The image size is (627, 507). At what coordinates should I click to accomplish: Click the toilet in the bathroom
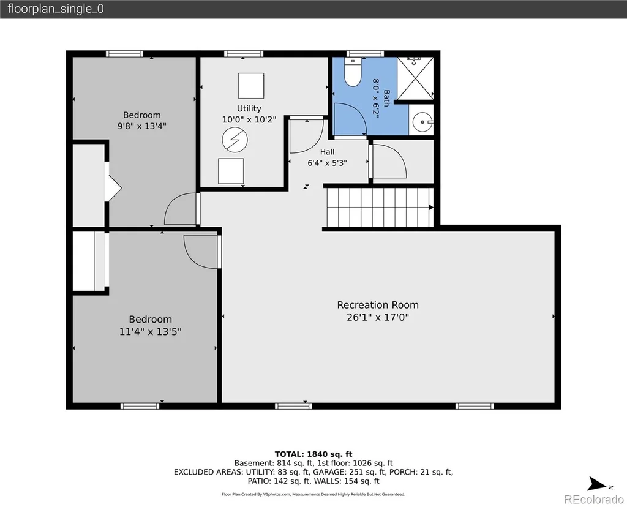[353, 72]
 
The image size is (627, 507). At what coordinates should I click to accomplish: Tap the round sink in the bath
[422, 122]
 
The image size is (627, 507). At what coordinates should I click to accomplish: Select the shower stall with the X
[415, 78]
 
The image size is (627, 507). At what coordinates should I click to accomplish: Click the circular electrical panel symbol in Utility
[235, 140]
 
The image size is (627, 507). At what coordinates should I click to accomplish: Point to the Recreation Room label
[378, 305]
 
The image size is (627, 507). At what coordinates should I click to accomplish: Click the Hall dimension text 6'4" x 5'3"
[327, 163]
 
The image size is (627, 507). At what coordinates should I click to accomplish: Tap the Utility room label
[249, 108]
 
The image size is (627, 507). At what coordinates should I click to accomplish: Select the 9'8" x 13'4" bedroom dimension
[142, 126]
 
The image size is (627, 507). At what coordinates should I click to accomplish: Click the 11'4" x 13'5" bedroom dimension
[151, 331]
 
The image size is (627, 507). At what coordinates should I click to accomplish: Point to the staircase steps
[380, 207]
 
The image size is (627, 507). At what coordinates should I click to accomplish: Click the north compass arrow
[597, 484]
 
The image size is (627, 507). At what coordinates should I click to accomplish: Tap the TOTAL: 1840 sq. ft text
[313, 454]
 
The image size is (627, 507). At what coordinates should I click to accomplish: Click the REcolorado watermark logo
[594, 500]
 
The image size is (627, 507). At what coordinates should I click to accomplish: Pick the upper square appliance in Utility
[251, 86]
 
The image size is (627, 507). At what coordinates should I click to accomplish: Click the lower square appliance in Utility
[231, 171]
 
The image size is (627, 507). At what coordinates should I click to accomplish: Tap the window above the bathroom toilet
[365, 54]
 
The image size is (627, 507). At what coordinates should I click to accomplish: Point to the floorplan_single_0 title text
[56, 9]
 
